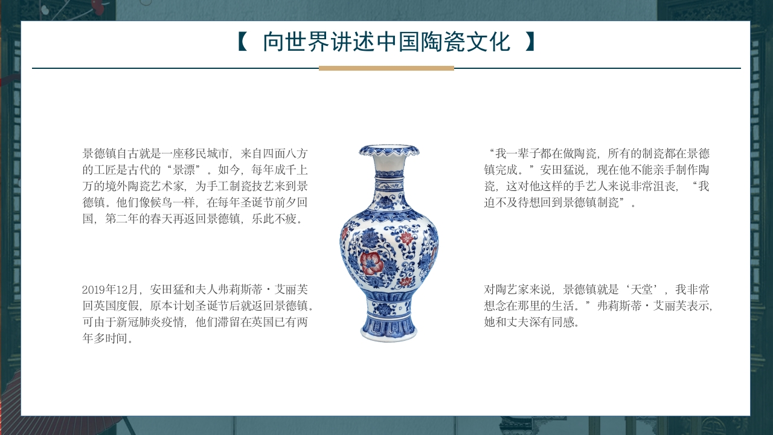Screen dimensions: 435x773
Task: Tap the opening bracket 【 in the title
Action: pyautogui.click(x=242, y=42)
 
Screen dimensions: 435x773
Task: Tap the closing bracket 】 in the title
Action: pyautogui.click(x=530, y=42)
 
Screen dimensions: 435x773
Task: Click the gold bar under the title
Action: pyautogui.click(x=386, y=68)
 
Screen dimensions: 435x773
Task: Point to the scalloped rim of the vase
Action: pyautogui.click(x=389, y=150)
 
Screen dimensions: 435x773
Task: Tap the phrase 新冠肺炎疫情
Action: pyautogui.click(x=151, y=322)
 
